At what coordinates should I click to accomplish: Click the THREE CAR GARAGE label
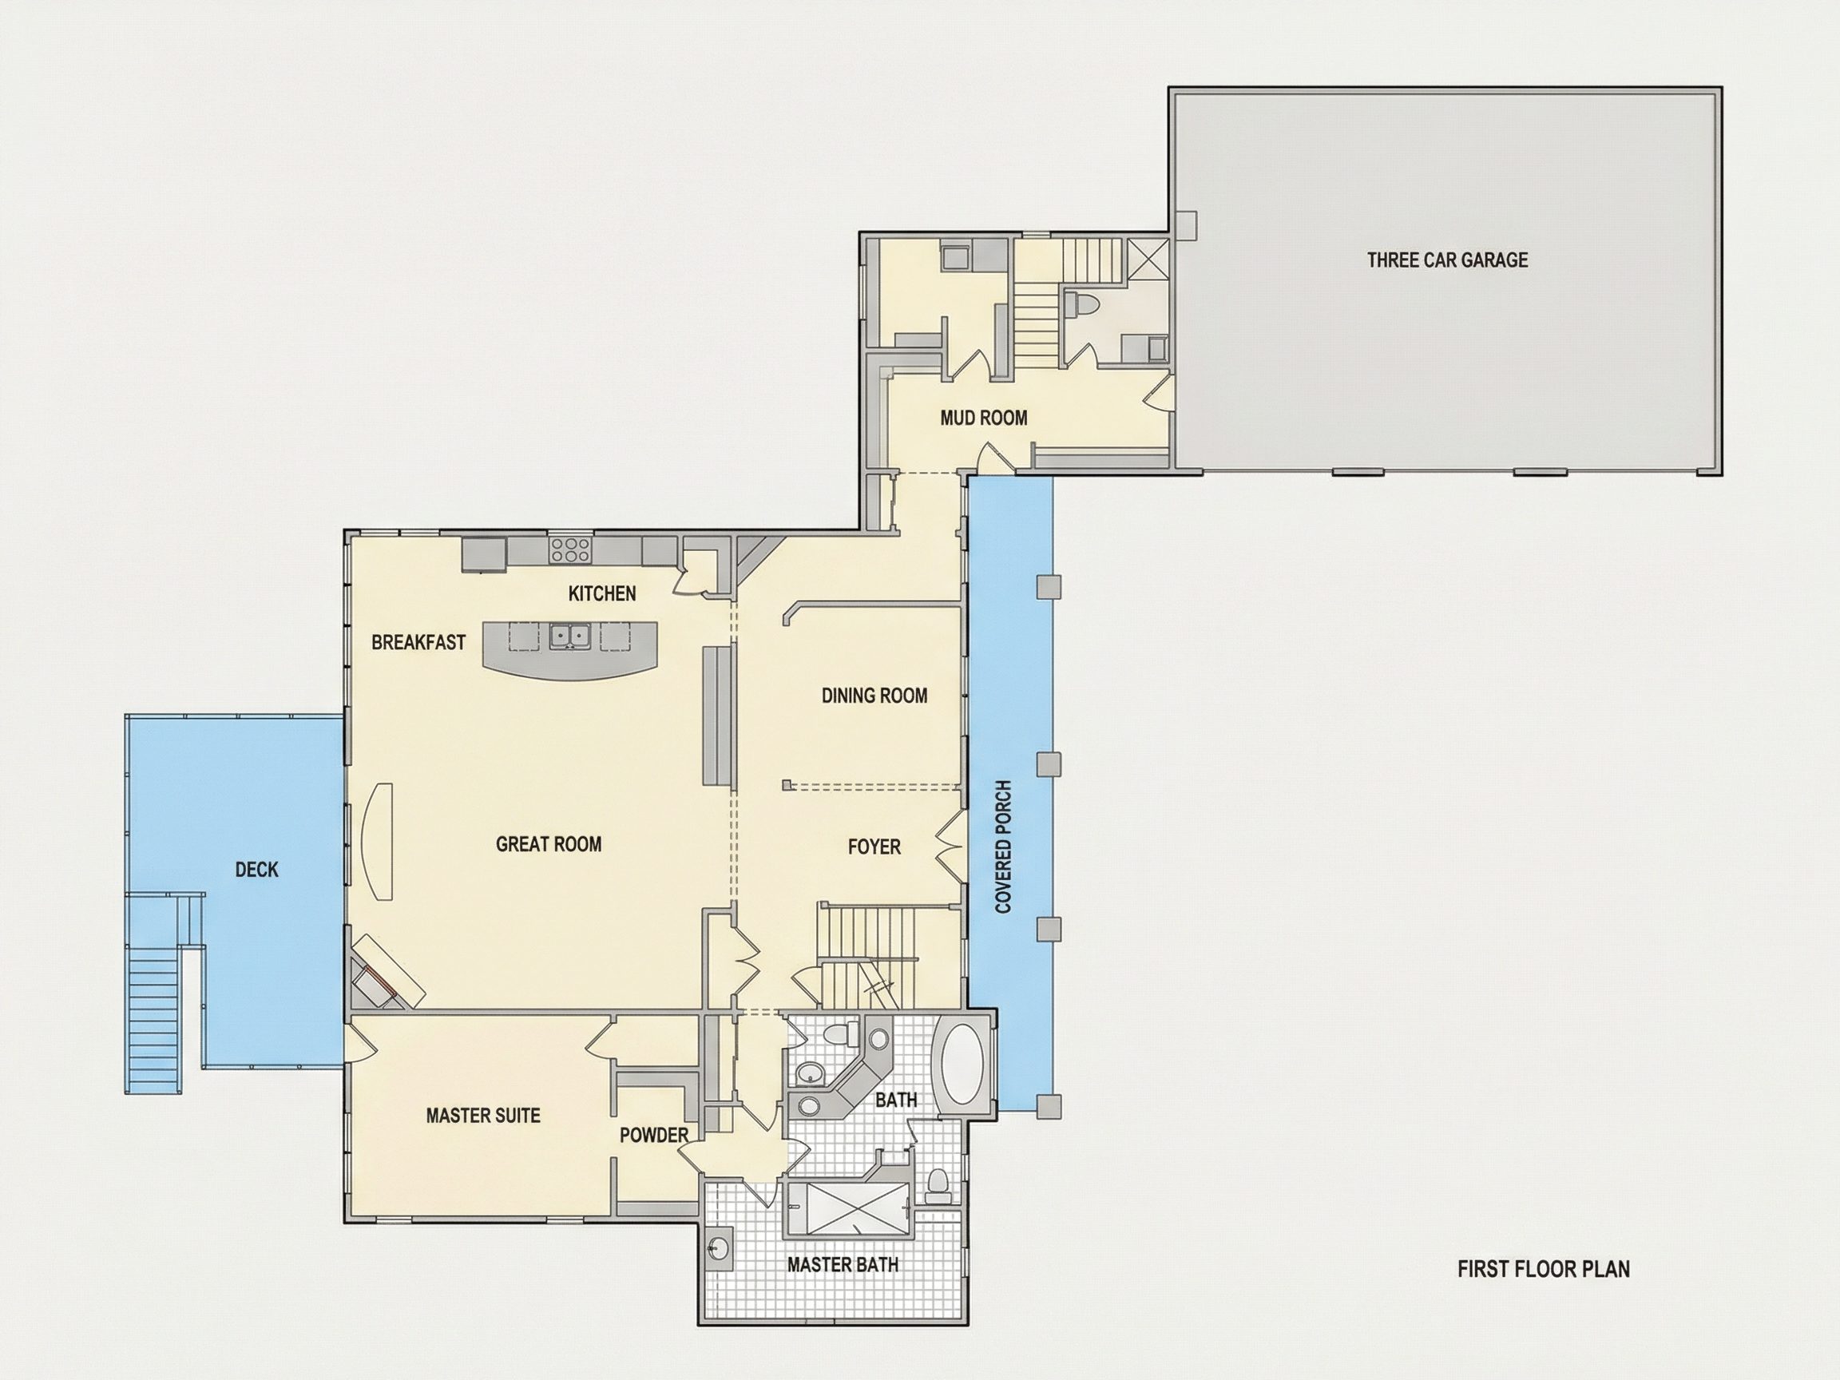click(x=1447, y=260)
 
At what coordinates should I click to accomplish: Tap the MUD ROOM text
click(x=983, y=418)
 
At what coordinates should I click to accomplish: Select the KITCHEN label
click(x=602, y=593)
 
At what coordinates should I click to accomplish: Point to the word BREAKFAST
click(x=418, y=642)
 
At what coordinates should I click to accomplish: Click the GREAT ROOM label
click(x=548, y=844)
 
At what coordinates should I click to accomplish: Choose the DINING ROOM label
click(x=874, y=696)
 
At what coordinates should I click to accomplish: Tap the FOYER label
click(x=874, y=847)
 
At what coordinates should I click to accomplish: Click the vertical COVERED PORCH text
click(x=1004, y=847)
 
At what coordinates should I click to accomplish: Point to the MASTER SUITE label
click(x=483, y=1116)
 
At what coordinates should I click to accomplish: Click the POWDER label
click(x=654, y=1135)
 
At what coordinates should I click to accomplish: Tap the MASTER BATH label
click(x=843, y=1265)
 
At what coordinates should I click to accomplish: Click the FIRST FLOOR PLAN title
click(x=1544, y=1269)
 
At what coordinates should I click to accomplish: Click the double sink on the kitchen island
click(x=569, y=636)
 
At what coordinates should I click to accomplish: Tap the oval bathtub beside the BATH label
click(x=963, y=1064)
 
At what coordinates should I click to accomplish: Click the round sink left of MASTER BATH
click(x=718, y=1248)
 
